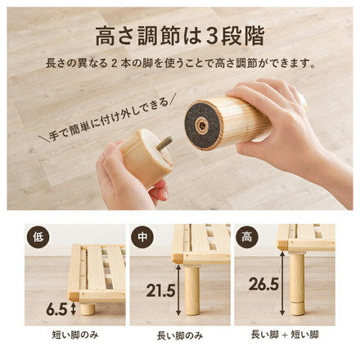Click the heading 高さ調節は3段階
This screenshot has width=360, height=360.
(x=180, y=36)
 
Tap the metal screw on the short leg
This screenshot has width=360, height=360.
(x=164, y=143)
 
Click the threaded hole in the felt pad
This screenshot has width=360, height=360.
(x=202, y=125)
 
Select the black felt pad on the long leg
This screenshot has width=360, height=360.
(x=202, y=125)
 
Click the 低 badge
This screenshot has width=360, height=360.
(x=38, y=236)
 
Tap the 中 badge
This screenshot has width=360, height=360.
(x=143, y=236)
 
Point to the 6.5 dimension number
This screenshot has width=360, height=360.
(x=56, y=309)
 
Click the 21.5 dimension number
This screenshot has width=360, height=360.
(x=160, y=290)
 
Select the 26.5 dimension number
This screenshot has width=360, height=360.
(x=263, y=284)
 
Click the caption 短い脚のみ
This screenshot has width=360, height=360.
(x=75, y=335)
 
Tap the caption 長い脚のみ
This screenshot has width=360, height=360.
(x=180, y=335)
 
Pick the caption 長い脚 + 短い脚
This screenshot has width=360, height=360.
(x=285, y=335)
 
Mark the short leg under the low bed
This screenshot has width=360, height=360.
(x=88, y=308)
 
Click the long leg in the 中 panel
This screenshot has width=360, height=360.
(x=192, y=290)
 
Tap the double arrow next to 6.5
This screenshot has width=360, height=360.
(x=73, y=309)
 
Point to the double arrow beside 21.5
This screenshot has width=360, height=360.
(x=178, y=290)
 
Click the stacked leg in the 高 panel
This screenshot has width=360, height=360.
(x=297, y=283)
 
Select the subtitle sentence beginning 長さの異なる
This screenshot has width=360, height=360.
(x=180, y=64)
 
